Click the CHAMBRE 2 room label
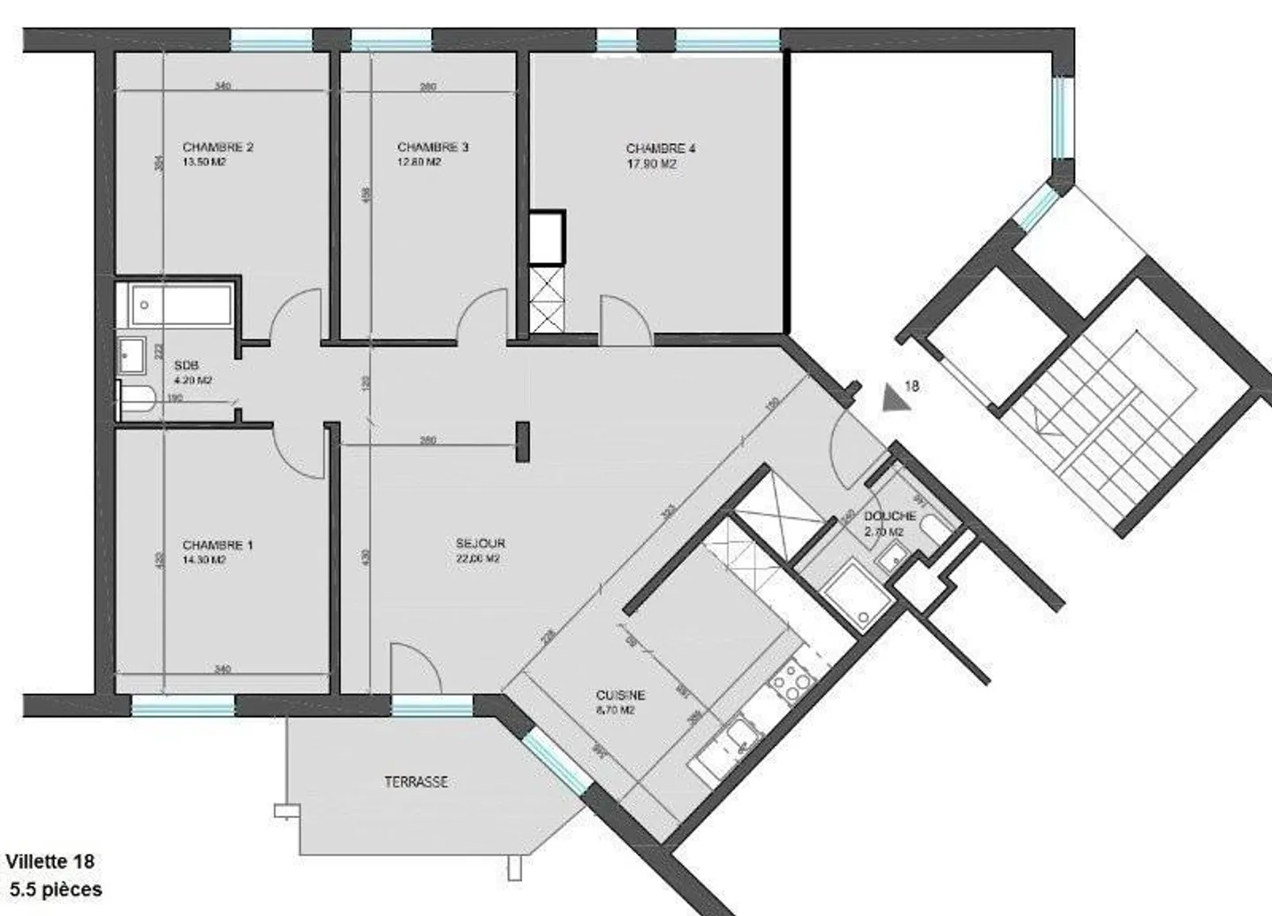tap(217, 148)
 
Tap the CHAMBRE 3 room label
tap(432, 148)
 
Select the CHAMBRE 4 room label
tap(660, 148)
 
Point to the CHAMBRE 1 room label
tap(217, 545)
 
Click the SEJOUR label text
tap(481, 543)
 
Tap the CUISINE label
tap(620, 695)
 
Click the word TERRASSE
tap(415, 782)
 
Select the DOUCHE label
tap(890, 516)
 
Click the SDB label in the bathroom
tap(186, 366)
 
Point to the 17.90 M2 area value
tap(651, 164)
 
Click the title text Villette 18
tap(50, 861)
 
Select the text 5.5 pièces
tap(57, 890)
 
